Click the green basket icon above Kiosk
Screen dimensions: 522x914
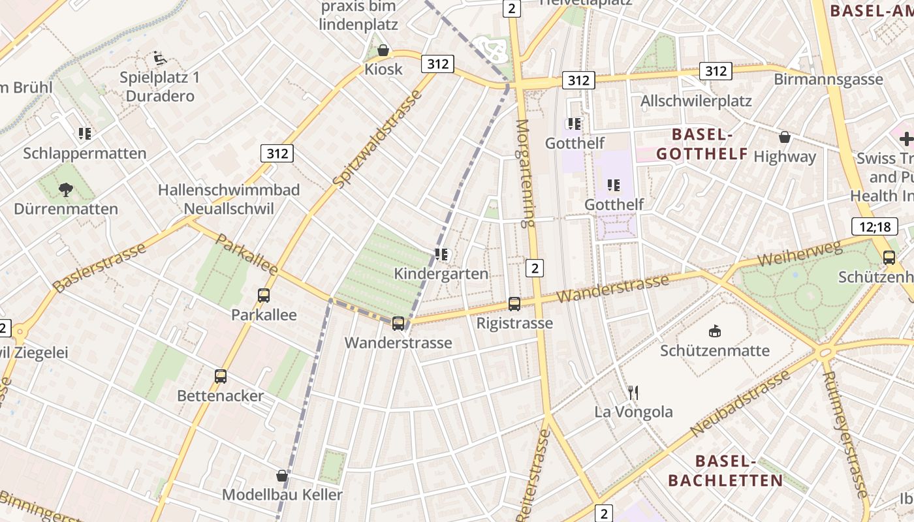point(383,50)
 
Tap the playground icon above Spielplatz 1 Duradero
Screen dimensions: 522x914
point(160,59)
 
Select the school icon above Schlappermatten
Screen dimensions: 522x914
point(84,134)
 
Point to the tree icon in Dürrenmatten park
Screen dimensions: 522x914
point(65,190)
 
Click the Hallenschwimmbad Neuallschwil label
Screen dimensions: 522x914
point(228,199)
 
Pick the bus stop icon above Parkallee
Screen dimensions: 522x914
point(264,296)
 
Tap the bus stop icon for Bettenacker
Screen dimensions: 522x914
point(221,376)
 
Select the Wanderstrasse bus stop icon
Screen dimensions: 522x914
point(398,323)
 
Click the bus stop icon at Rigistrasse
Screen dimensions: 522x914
point(514,303)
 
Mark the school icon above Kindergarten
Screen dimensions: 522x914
point(441,254)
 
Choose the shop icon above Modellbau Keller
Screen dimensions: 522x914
point(282,476)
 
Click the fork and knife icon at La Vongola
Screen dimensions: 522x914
point(633,392)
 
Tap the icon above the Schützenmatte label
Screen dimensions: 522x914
point(715,331)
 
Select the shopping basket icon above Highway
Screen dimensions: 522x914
point(785,137)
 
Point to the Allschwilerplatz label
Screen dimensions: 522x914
point(696,101)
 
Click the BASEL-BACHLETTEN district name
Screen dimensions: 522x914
point(725,471)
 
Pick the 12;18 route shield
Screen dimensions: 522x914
point(874,226)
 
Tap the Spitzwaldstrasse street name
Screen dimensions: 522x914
point(377,140)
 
